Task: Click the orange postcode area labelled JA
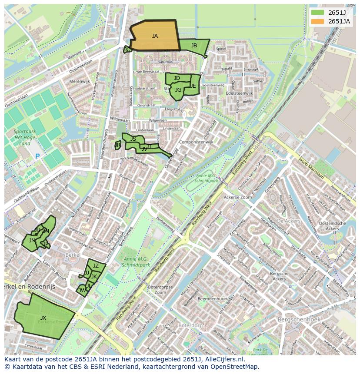click(x=155, y=36)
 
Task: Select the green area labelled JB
click(x=194, y=46)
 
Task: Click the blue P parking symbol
click(x=37, y=156)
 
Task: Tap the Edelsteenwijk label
click(x=239, y=93)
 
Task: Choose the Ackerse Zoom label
click(x=237, y=197)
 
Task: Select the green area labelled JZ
click(x=96, y=266)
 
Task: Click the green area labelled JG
click(x=178, y=90)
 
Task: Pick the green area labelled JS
click(x=133, y=139)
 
